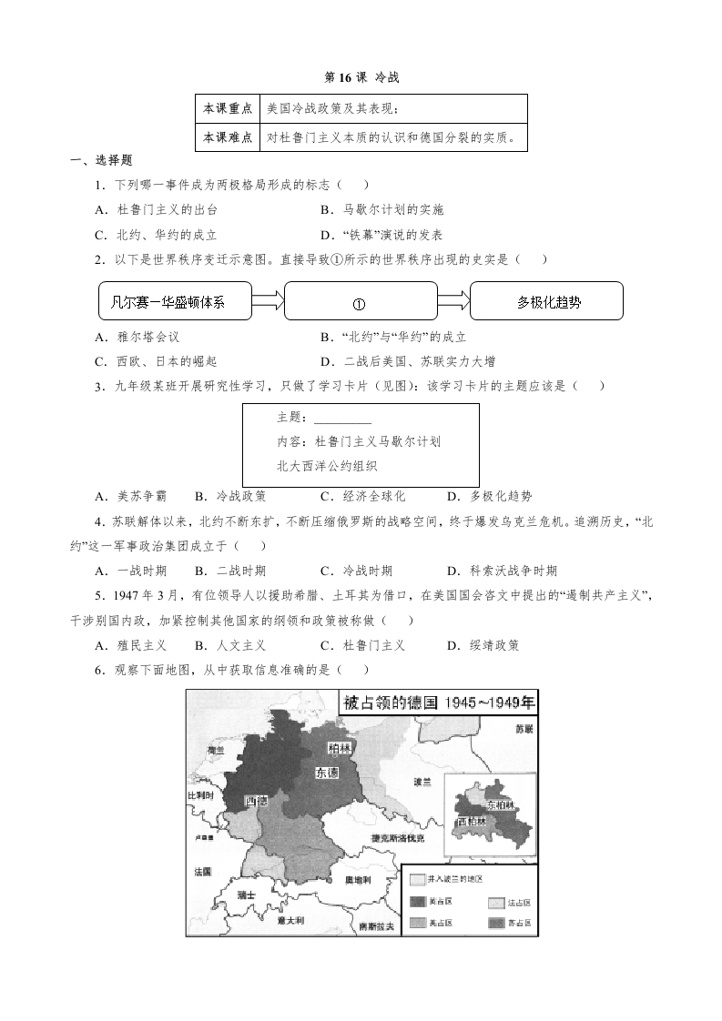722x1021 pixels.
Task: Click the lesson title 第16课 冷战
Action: click(361, 78)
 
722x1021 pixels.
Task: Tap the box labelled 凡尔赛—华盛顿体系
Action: click(174, 301)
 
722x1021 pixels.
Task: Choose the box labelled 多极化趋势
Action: click(546, 301)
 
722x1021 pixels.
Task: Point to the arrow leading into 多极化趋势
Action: click(453, 301)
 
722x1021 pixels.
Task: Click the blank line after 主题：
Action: click(342, 419)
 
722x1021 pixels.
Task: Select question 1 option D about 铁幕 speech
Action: click(380, 234)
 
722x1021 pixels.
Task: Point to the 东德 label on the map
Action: click(327, 773)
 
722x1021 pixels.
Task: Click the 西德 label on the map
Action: click(257, 801)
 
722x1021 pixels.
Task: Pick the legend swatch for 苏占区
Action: click(496, 923)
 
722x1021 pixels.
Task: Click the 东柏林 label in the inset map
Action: click(500, 804)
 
